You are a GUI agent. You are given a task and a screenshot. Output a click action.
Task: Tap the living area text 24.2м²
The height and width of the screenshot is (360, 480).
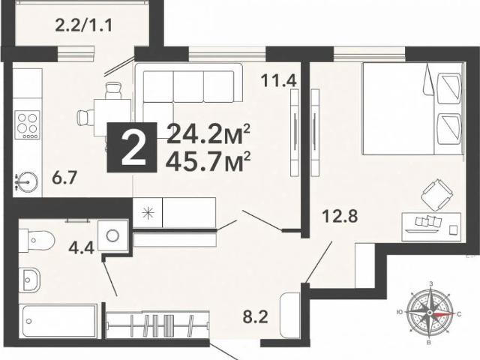[x=208, y=134]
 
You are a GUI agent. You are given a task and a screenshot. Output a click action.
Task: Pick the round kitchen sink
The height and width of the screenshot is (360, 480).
[x=27, y=181]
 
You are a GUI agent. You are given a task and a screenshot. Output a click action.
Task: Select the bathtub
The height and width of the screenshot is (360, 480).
[x=58, y=322]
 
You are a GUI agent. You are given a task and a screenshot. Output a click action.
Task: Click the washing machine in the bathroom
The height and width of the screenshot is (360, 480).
[x=113, y=234]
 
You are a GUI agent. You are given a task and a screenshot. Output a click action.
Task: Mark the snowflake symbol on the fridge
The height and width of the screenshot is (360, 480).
[x=147, y=212]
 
